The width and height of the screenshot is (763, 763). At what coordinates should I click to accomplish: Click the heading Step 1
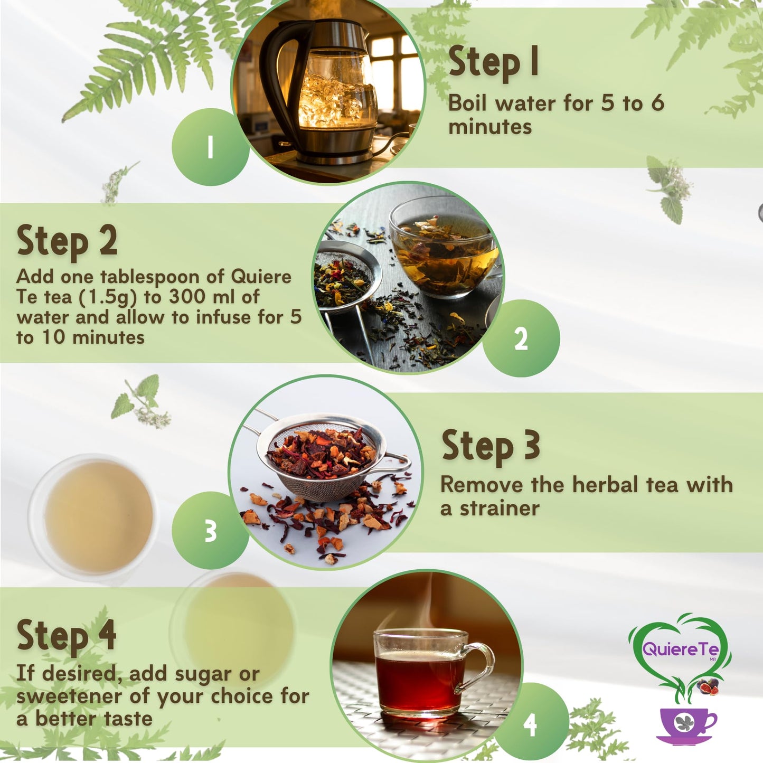click(493, 62)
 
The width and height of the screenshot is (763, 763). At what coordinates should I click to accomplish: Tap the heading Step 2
click(67, 241)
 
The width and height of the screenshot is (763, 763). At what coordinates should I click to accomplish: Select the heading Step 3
click(491, 446)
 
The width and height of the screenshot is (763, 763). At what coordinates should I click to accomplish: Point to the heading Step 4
click(67, 635)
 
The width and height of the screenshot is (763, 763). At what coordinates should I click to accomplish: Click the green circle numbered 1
click(210, 147)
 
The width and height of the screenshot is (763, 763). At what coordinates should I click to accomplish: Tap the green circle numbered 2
click(521, 338)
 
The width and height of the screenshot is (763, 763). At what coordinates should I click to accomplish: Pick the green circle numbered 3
click(210, 531)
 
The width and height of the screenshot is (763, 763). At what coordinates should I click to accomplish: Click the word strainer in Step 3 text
click(499, 508)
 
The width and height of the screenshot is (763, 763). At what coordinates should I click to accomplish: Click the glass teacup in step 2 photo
click(444, 248)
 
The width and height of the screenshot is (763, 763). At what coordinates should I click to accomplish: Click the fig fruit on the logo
click(708, 687)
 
